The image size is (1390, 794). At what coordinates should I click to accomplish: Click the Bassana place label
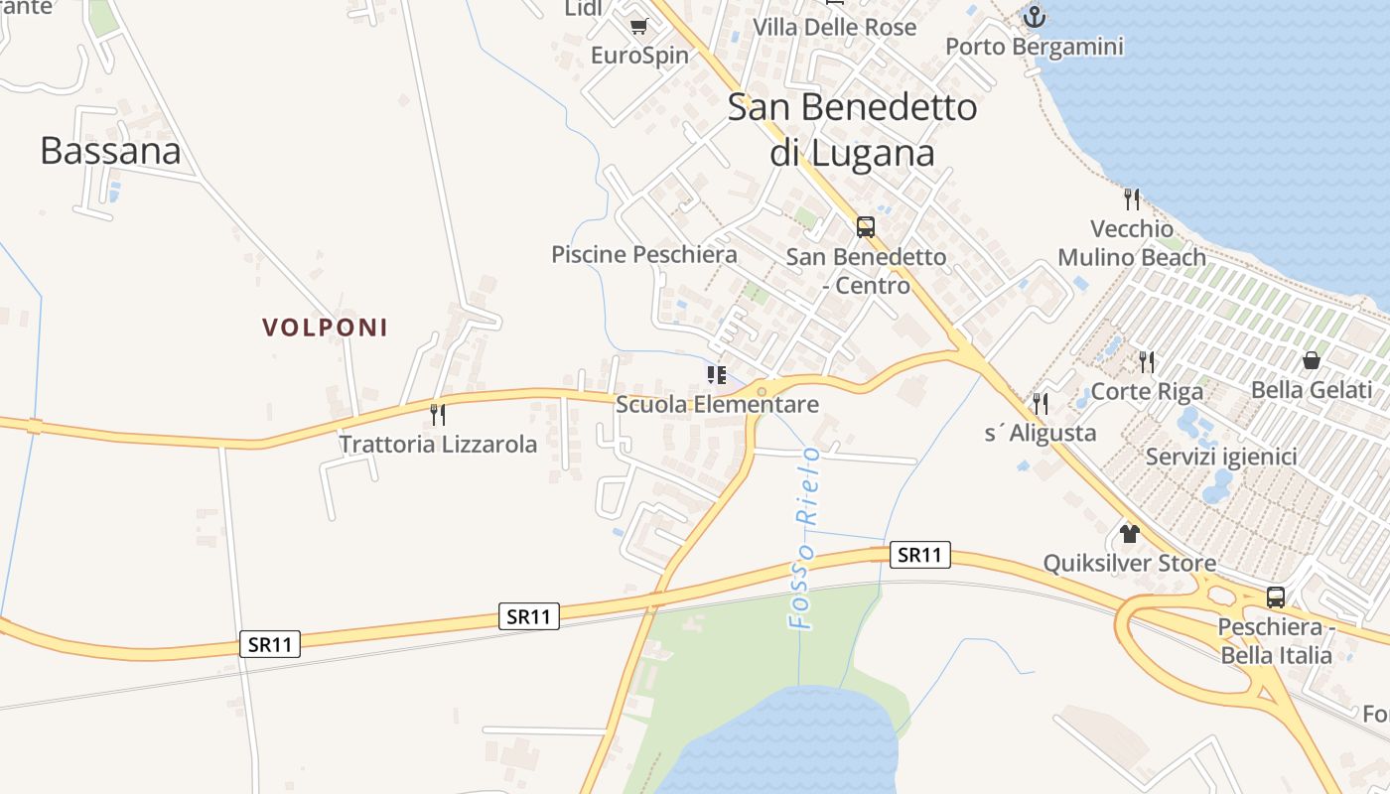(x=110, y=151)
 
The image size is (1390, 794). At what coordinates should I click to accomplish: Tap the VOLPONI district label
(x=325, y=328)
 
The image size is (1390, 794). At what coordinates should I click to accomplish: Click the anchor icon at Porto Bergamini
(x=1035, y=17)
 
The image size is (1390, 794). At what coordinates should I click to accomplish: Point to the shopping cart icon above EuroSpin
(x=638, y=26)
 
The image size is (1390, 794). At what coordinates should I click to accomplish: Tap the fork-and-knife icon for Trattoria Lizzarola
(x=436, y=414)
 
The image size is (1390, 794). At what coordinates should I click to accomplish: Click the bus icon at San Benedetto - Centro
(x=866, y=227)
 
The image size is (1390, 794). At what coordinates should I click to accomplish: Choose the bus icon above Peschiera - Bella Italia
(x=1276, y=597)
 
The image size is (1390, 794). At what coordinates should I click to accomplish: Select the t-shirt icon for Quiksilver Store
(x=1129, y=534)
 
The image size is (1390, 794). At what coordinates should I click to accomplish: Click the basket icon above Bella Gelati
(x=1312, y=360)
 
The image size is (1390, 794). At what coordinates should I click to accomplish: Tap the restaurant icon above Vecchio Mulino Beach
(x=1132, y=199)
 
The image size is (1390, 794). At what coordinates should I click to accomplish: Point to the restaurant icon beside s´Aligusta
(x=1041, y=403)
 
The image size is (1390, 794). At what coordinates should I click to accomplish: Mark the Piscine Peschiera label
(x=644, y=255)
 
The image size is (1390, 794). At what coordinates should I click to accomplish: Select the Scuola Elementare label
(x=717, y=404)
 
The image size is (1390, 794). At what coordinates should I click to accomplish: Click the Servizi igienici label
(x=1221, y=458)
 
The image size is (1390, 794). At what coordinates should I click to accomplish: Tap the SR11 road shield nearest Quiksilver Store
(x=919, y=555)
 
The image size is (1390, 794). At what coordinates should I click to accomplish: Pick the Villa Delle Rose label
(x=835, y=27)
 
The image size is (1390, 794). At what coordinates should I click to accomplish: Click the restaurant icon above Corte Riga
(x=1147, y=361)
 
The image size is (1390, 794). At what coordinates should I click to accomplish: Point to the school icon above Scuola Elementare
(x=717, y=374)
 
